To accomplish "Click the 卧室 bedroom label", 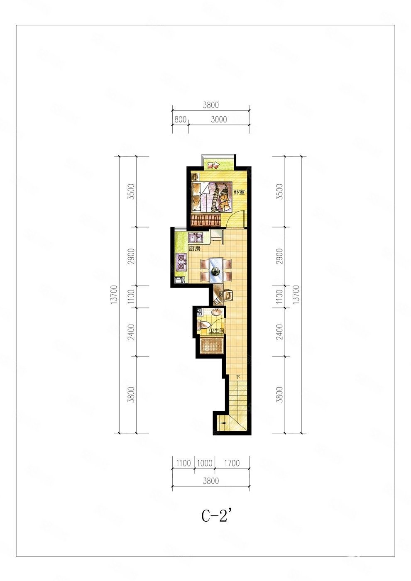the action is (x=239, y=193).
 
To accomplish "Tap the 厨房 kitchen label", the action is (x=195, y=249).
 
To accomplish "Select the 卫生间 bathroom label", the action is (x=216, y=331).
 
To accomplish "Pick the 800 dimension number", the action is (x=180, y=120).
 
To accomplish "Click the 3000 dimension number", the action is (x=219, y=120).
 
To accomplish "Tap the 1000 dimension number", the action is (x=205, y=463).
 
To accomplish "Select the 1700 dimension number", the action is (x=232, y=463).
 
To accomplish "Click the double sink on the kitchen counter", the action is (x=196, y=237).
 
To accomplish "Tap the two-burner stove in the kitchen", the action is (x=181, y=262).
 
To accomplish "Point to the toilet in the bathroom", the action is (x=203, y=325).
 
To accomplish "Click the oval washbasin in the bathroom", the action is (x=217, y=312).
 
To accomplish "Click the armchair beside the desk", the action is (x=228, y=295).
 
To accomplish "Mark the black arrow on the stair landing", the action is (x=223, y=430).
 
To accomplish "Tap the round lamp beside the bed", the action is (x=195, y=178).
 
